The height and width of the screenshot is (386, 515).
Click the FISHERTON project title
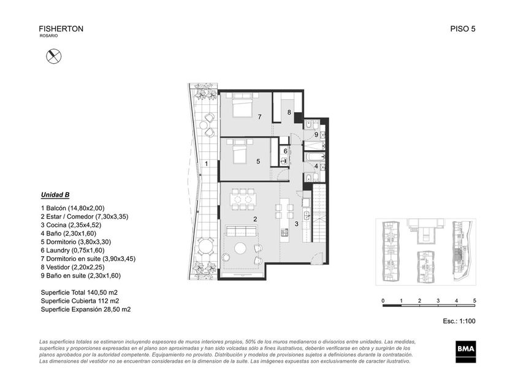tap(61, 29)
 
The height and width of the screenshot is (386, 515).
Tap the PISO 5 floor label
tap(463, 29)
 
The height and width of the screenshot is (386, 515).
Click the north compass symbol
tap(53, 56)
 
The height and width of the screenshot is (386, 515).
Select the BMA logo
tap(466, 352)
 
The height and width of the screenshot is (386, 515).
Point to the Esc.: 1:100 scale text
tap(459, 321)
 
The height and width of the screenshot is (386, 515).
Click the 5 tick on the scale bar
tap(475, 301)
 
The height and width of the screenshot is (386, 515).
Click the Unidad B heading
tap(55, 195)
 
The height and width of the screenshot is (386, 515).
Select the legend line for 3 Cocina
tap(71, 225)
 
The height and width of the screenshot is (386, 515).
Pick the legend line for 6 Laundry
tap(72, 251)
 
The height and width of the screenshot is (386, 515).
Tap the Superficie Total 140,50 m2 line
tap(79, 292)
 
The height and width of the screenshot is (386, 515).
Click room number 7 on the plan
tap(259, 117)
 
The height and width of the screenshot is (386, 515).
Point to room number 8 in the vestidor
tap(289, 112)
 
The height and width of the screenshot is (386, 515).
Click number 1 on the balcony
tap(206, 164)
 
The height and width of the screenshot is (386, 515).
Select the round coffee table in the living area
tap(240, 248)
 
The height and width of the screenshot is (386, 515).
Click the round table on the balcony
tap(205, 246)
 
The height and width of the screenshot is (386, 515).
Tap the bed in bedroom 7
tap(242, 105)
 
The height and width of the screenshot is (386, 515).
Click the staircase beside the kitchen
tap(318, 213)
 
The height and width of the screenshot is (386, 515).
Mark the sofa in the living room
tap(241, 231)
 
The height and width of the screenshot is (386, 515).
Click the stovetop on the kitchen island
tap(284, 232)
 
